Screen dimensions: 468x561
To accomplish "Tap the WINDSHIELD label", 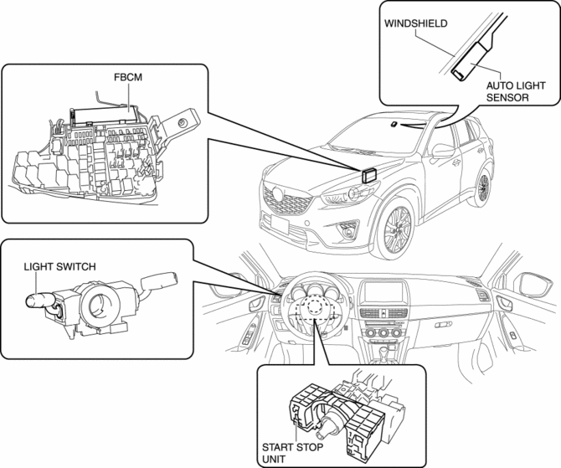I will click(415, 24).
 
